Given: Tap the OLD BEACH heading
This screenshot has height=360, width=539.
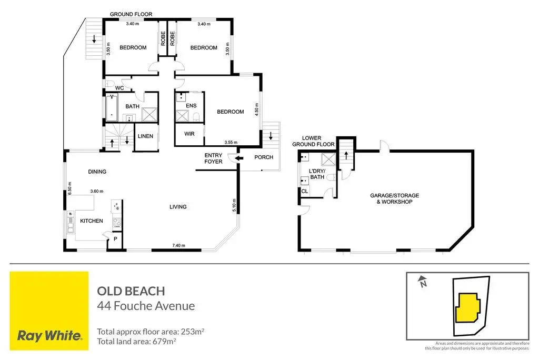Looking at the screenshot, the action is pos(131,291).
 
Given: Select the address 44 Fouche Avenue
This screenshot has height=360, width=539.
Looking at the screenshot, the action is pos(146,306).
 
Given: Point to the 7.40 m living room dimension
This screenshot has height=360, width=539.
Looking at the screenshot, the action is pos(179,245).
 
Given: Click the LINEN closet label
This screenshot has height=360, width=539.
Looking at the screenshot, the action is pos(145,136).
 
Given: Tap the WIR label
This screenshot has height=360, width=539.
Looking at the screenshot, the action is pos(189,134).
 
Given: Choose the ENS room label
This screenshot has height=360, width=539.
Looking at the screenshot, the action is pos(191,106).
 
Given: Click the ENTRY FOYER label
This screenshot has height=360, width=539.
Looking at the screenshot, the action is pos(213,158).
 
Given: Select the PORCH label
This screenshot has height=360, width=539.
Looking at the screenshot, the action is pos(264,157).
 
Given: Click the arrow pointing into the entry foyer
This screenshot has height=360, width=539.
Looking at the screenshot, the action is pos(239,157).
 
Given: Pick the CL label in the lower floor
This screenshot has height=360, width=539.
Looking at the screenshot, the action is pos(305,191).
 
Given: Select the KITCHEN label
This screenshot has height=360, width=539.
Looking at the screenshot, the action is pos(92,221).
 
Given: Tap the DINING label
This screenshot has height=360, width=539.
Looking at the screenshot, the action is pos(97,172).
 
